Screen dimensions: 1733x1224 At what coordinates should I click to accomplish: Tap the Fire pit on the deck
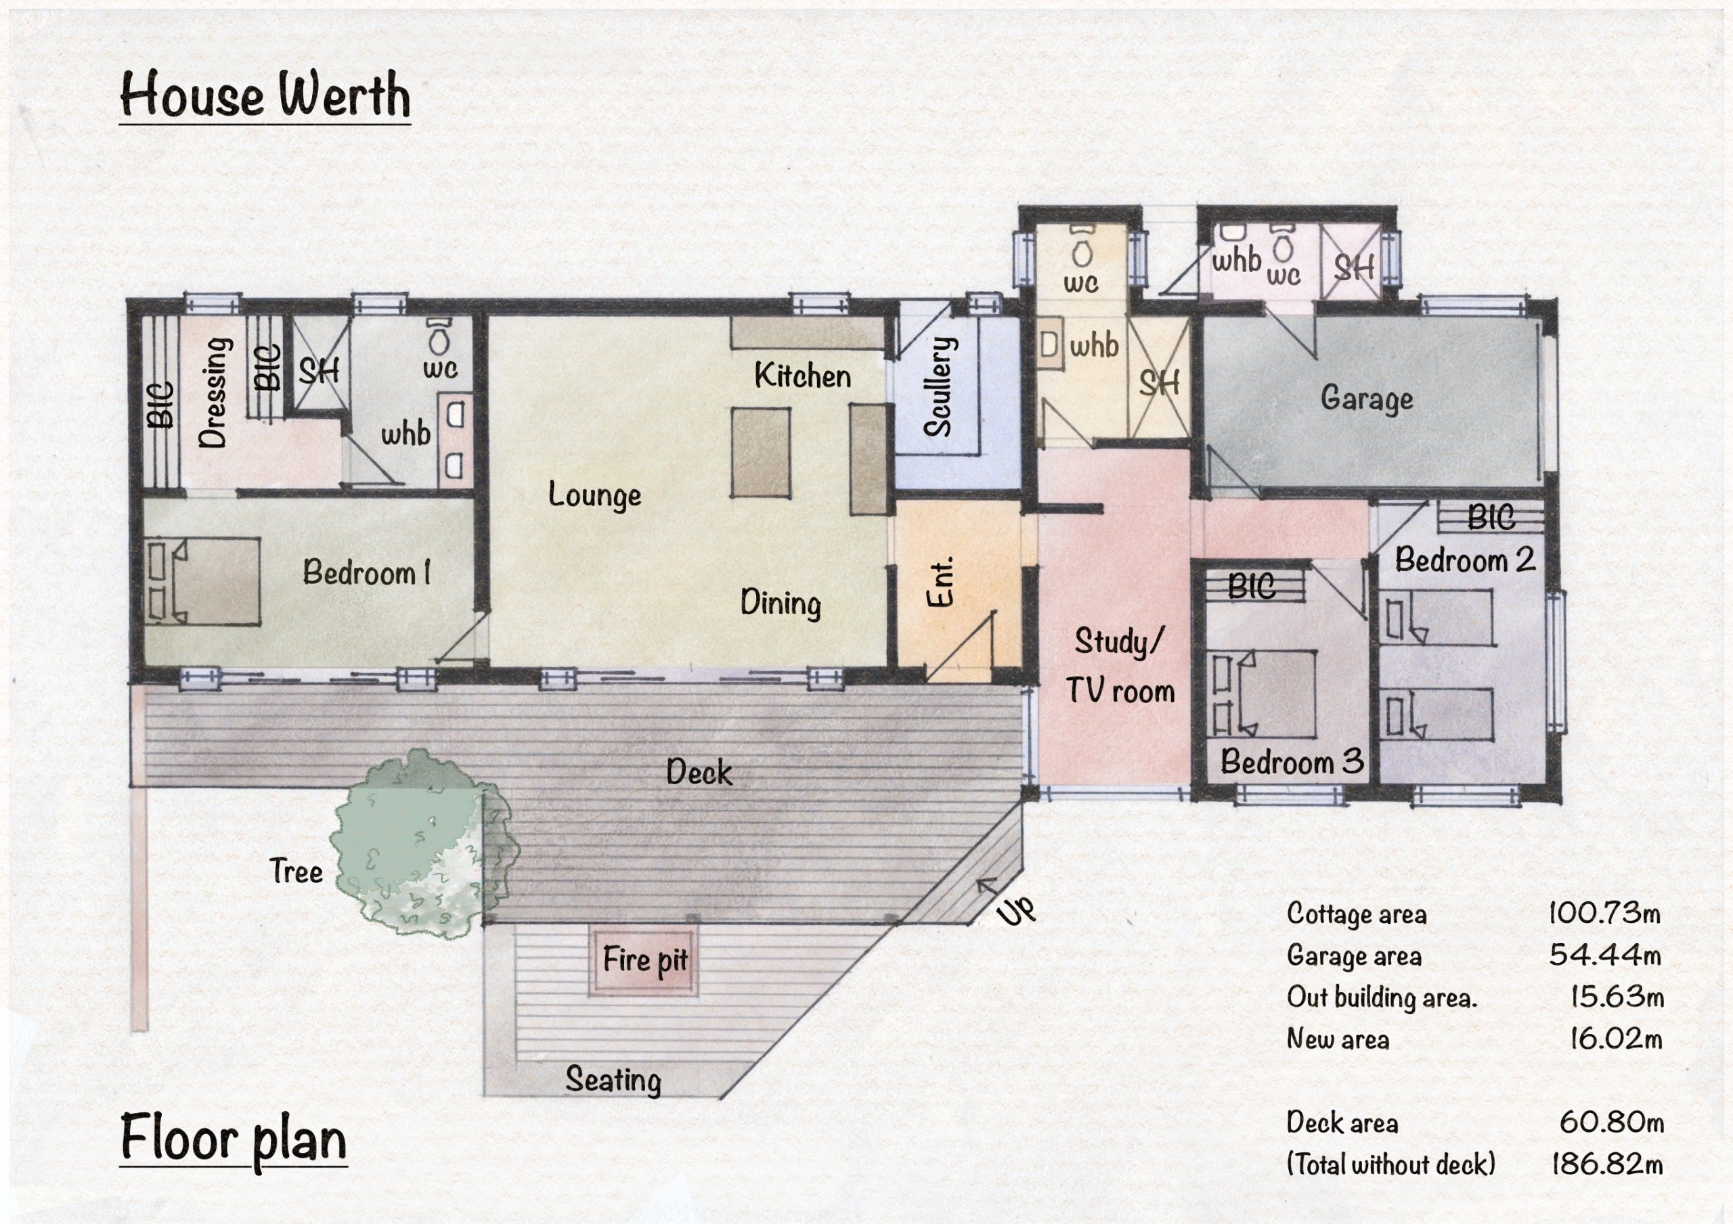click(644, 960)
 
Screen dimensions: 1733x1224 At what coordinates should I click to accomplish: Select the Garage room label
click(1366, 399)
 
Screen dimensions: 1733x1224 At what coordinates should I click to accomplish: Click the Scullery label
click(939, 386)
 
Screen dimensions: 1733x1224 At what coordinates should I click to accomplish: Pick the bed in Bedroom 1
click(202, 581)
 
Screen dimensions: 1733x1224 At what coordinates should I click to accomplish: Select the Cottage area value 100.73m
click(1604, 913)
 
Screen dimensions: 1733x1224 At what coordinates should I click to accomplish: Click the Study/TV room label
click(1120, 666)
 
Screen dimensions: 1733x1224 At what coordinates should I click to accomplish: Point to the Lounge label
click(595, 496)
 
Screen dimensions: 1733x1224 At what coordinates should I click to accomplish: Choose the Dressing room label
click(213, 392)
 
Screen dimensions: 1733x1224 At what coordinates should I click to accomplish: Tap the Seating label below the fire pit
click(613, 1080)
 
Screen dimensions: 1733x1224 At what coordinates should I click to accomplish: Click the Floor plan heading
click(234, 1140)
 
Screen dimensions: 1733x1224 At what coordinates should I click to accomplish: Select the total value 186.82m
click(1607, 1164)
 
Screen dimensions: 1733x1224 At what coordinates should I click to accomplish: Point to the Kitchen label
click(802, 376)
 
